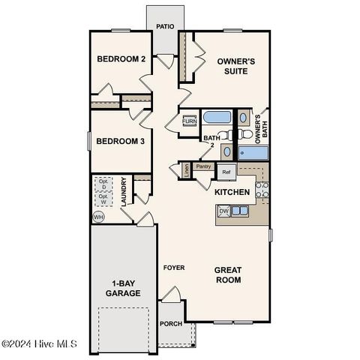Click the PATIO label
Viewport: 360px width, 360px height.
click(165, 27)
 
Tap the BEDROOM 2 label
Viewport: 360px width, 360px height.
click(121, 59)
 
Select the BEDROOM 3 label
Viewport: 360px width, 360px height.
click(121, 141)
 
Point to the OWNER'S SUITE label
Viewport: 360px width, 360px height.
click(236, 66)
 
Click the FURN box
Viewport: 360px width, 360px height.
click(190, 121)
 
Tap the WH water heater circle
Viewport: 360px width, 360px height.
click(97, 217)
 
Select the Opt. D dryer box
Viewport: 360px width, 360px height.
click(103, 184)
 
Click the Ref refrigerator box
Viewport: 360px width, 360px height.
click(226, 172)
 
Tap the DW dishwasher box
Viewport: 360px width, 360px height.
click(223, 211)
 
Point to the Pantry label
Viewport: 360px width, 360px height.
click(202, 166)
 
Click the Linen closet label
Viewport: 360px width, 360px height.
click(186, 170)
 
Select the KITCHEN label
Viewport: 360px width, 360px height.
click(232, 193)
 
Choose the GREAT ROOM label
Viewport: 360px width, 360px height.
click(228, 274)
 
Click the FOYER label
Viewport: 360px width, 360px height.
click(174, 268)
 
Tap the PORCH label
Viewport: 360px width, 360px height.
click(170, 323)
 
